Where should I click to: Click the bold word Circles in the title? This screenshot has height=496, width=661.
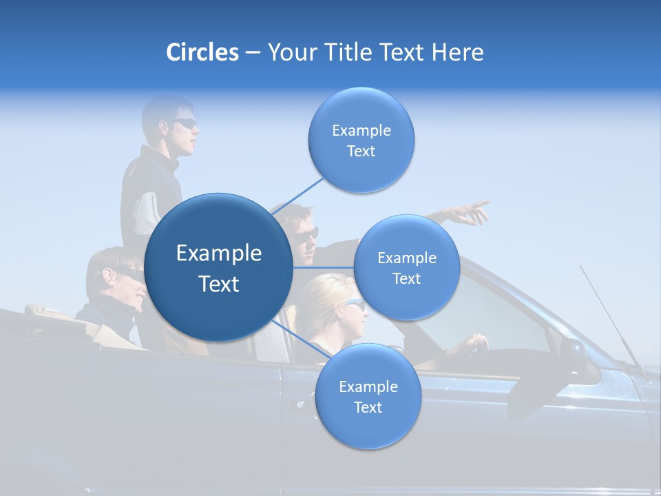pos(202,52)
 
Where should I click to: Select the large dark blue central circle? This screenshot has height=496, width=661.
pos(218,268)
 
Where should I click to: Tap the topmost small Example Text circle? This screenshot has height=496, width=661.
pos(361,141)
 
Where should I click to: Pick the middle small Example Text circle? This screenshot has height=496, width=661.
pos(406,268)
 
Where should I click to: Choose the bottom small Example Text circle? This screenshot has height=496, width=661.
pos(368,397)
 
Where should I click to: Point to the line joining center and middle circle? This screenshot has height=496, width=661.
pos(324,267)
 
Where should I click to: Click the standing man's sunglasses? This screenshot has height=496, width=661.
pos(185,123)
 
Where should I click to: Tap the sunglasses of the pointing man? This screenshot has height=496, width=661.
pos(307,234)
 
